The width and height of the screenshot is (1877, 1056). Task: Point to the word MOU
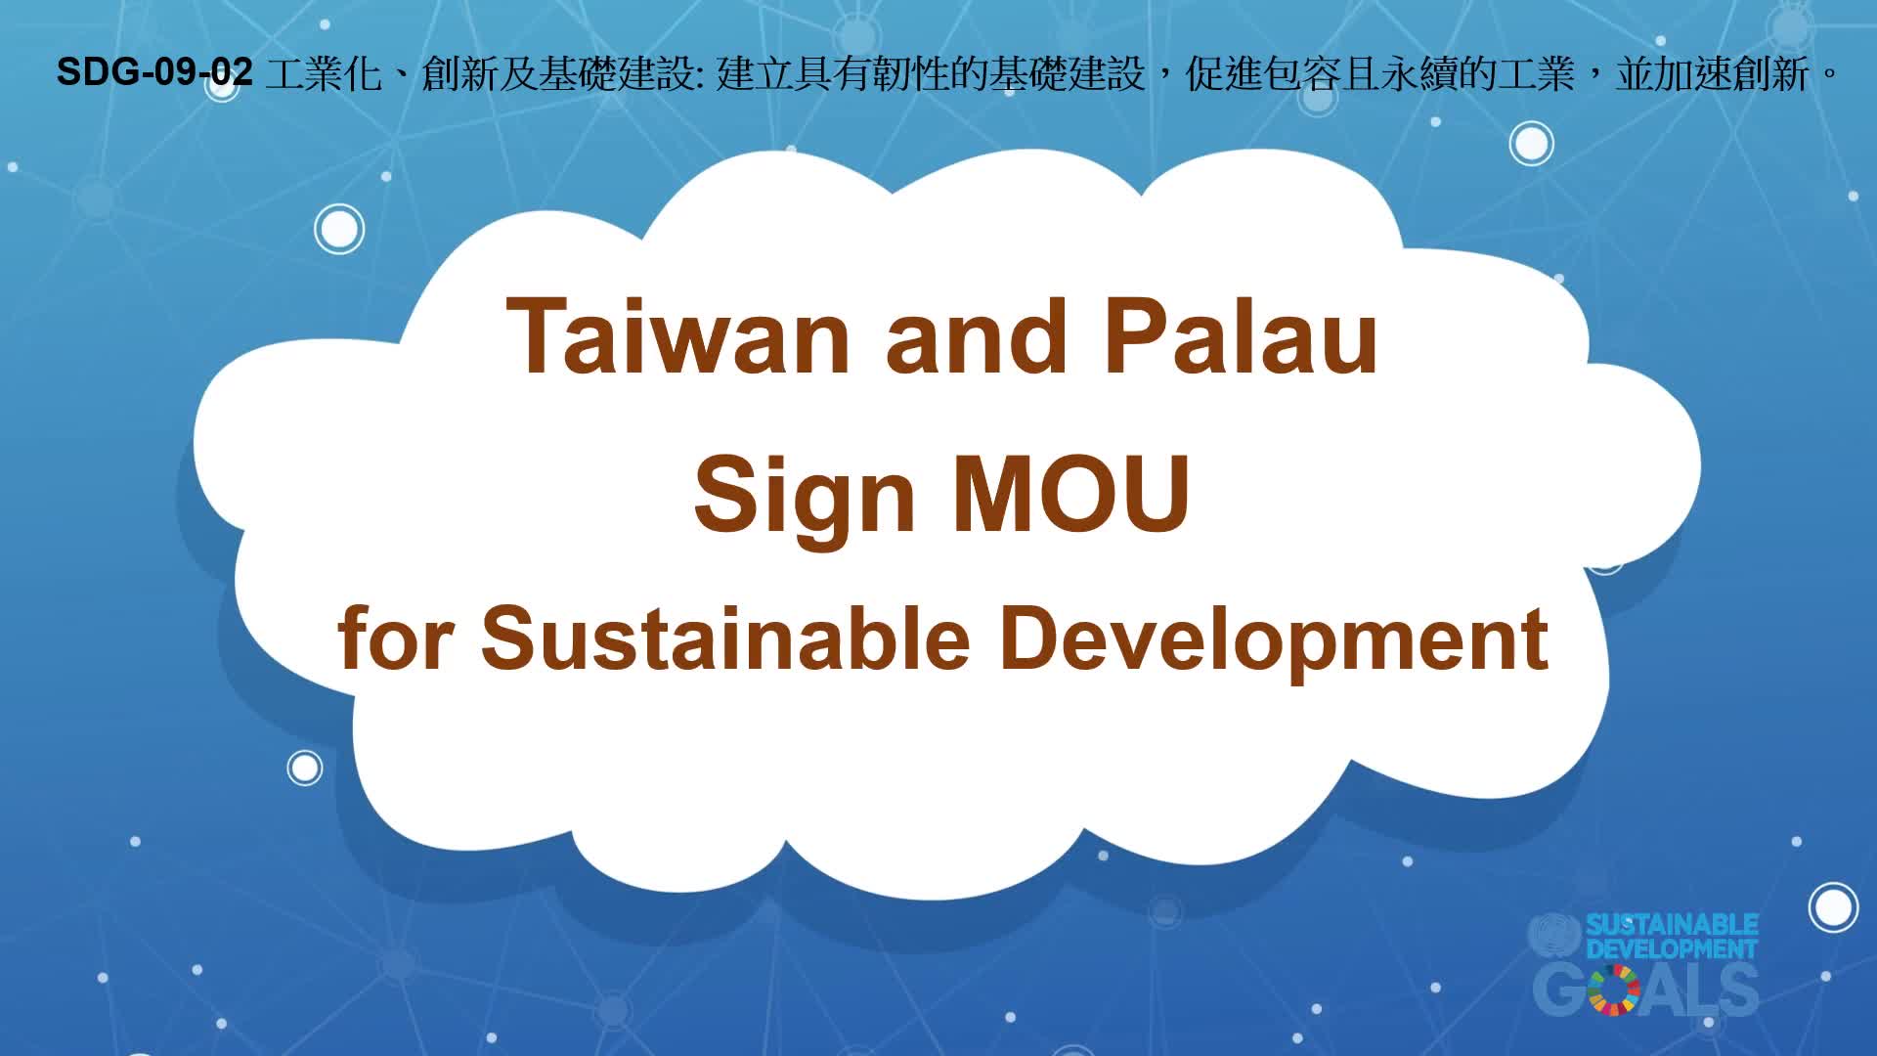[x=1070, y=493]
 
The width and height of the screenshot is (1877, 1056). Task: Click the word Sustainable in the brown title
[x=725, y=638]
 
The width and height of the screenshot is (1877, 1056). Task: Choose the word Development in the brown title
[x=1274, y=640]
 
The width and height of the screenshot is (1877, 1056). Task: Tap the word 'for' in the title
[x=394, y=637]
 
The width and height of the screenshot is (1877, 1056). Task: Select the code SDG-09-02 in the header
[x=154, y=71]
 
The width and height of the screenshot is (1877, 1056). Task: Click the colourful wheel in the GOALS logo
[x=1614, y=989]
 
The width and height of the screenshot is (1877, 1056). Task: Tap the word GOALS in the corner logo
[x=1646, y=990]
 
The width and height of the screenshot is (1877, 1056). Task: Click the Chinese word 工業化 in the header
[x=323, y=73]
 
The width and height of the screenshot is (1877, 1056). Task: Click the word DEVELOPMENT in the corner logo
[x=1672, y=948]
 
